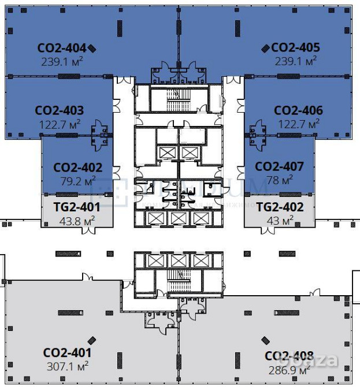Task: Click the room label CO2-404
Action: coord(61,48)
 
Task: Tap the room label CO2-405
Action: coord(295,48)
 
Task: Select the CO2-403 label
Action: coord(59,110)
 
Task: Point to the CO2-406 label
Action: coord(298,110)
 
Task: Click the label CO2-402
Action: coord(77,168)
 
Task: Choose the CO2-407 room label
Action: coord(279,167)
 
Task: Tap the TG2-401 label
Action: coord(77,207)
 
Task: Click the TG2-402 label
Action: coord(280,207)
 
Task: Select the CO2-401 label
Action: coord(67,353)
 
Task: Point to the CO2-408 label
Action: coord(289,356)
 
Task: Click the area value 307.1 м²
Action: coord(66,366)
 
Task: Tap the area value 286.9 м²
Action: coord(288,370)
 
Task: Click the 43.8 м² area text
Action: coord(77,220)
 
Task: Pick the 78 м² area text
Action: coord(280,180)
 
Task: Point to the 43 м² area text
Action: coord(280,220)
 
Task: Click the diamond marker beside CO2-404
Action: coord(92,49)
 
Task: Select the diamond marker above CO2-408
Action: coord(265,340)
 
